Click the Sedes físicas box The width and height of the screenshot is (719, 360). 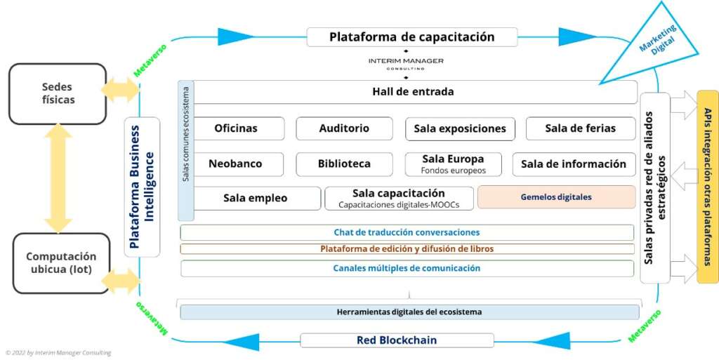(58, 94)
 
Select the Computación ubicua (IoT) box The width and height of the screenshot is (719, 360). (61, 263)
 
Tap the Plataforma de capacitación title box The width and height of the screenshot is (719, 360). (411, 37)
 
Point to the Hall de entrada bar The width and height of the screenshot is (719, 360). (413, 92)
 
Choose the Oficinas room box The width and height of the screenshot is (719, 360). (237, 128)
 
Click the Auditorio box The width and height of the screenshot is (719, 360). (344, 128)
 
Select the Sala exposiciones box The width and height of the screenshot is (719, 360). (460, 128)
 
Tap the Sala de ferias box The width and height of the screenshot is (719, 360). (581, 128)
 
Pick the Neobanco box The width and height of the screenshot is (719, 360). (236, 164)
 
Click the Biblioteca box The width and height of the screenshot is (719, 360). (344, 164)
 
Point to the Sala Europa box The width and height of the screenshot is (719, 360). (454, 164)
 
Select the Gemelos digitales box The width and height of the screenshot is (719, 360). (556, 197)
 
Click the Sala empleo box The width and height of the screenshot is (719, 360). (256, 199)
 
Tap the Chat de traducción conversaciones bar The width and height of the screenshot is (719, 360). (407, 232)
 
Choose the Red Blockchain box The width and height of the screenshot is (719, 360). (397, 340)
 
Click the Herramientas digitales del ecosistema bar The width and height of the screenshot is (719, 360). (409, 312)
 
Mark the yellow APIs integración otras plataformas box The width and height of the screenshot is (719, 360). (708, 187)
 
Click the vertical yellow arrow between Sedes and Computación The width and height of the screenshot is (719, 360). (58, 179)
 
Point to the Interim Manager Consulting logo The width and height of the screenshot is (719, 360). (406, 63)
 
